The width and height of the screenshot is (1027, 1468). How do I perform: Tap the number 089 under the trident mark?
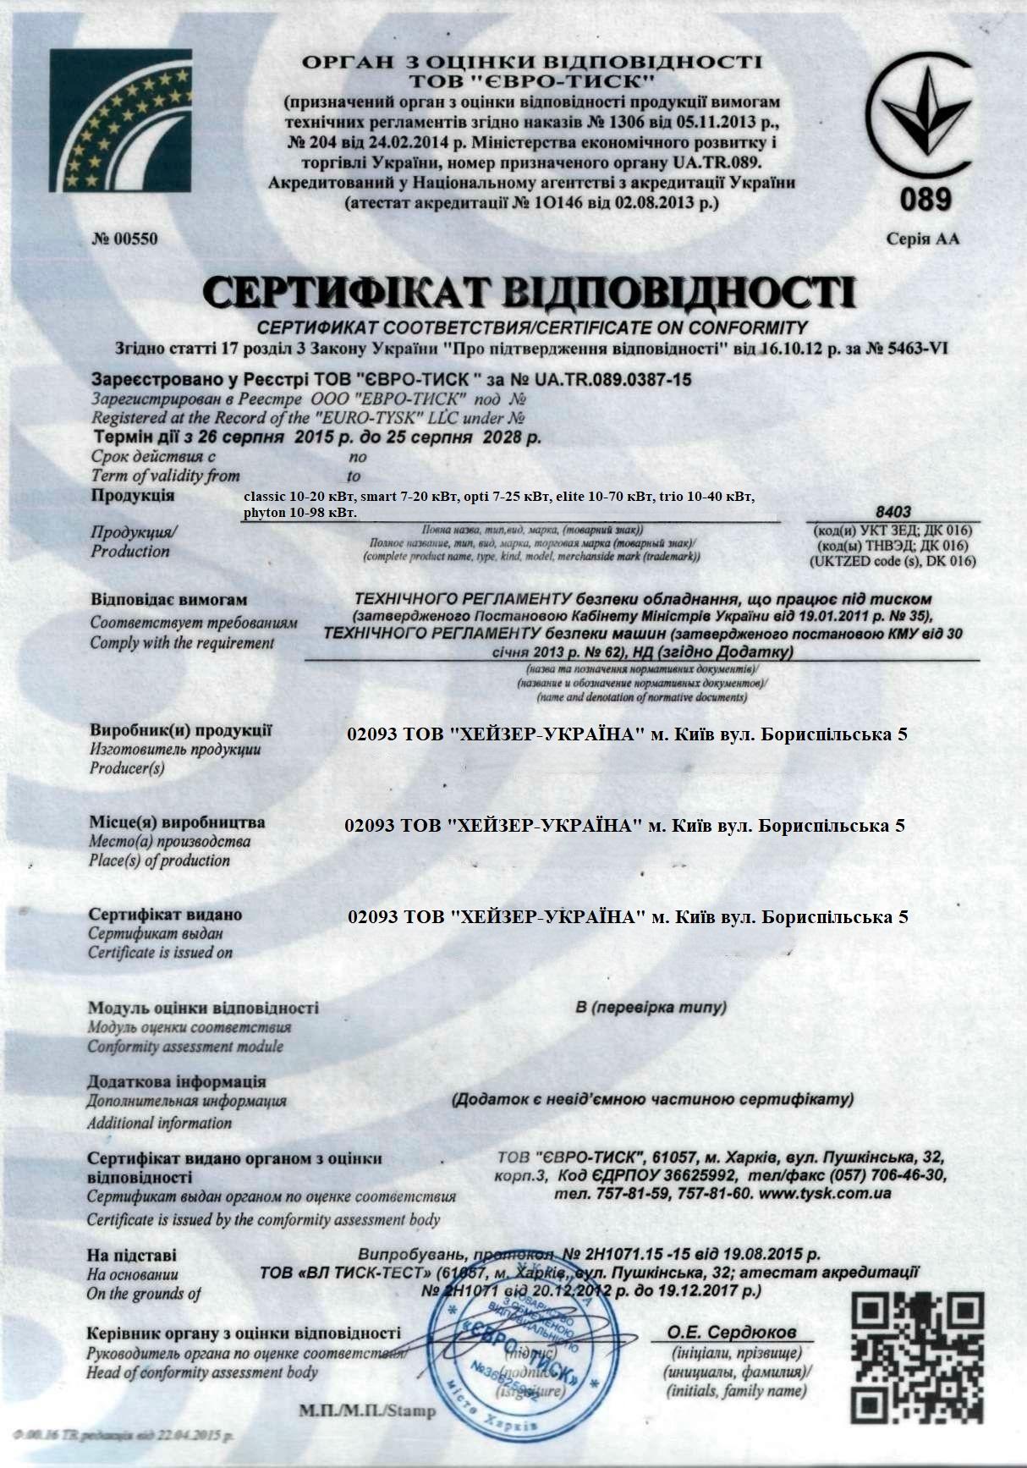925,201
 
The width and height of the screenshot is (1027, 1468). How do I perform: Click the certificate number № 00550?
124,239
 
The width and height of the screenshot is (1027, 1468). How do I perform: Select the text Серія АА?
923,239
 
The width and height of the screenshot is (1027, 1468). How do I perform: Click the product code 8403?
893,512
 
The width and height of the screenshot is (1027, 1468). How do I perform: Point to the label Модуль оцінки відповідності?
203,1009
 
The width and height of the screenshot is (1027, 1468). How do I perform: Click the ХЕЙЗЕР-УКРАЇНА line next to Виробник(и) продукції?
627,734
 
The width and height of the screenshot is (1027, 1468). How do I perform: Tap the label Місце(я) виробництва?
177,822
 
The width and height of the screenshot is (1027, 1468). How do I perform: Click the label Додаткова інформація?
176,1082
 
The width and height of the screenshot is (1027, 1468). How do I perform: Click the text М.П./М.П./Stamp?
367,1410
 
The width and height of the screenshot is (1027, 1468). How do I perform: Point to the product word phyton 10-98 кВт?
299,513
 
